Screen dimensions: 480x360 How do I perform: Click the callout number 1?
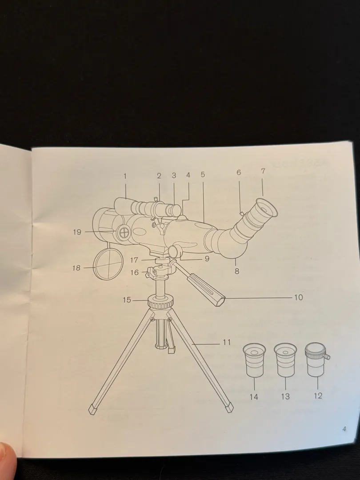tap(125, 176)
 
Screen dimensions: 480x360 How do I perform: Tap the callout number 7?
tap(263, 171)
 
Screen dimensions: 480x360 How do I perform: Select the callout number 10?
tap(298, 297)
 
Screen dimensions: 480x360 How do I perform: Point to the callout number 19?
tap(77, 232)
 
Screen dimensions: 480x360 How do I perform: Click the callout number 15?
tap(127, 300)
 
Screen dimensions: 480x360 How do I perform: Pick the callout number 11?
tap(227, 342)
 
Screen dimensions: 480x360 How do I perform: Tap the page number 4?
tap(344, 429)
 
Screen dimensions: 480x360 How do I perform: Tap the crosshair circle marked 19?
tap(124, 232)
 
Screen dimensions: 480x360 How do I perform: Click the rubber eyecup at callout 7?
tap(265, 209)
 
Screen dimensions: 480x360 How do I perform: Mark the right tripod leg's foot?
tap(229, 408)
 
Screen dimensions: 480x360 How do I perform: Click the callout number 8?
tap(237, 271)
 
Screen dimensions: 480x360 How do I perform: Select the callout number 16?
tap(135, 273)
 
